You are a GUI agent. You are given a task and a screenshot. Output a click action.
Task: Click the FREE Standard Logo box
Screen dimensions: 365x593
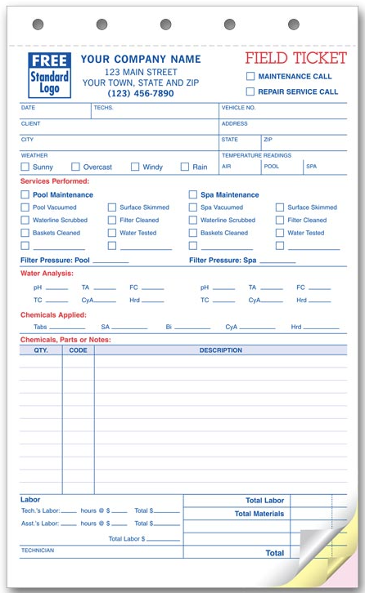coord(50,74)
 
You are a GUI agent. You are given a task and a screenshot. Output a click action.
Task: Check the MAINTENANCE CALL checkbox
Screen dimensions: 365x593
coord(250,76)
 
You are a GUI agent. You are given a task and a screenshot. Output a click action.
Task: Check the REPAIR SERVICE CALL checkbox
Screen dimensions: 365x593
coord(250,91)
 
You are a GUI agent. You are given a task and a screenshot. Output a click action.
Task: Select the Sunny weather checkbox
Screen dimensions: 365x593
coord(25,167)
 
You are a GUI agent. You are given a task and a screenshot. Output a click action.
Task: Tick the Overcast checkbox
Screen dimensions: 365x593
coord(75,167)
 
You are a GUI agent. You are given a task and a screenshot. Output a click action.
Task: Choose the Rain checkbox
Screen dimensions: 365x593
coord(185,167)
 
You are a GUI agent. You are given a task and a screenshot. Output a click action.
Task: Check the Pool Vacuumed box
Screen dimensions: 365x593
coord(25,207)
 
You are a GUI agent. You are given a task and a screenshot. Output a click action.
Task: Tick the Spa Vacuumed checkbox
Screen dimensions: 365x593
coord(193,207)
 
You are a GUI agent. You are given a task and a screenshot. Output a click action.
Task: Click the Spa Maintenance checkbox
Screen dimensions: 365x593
coord(193,195)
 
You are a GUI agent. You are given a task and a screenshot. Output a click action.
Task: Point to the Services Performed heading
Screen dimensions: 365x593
coord(54,181)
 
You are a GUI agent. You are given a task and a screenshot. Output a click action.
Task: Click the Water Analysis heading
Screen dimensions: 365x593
coord(47,273)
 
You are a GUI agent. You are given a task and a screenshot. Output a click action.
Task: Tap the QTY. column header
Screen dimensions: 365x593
coord(41,350)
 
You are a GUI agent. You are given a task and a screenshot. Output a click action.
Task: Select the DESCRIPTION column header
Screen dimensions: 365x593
coord(220,350)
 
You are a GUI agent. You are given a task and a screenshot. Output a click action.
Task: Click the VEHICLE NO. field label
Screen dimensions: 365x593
coord(238,108)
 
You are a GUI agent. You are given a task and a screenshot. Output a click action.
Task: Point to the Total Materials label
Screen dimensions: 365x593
coord(259,514)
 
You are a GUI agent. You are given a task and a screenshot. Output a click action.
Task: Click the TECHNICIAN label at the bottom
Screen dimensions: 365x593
coord(38,551)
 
